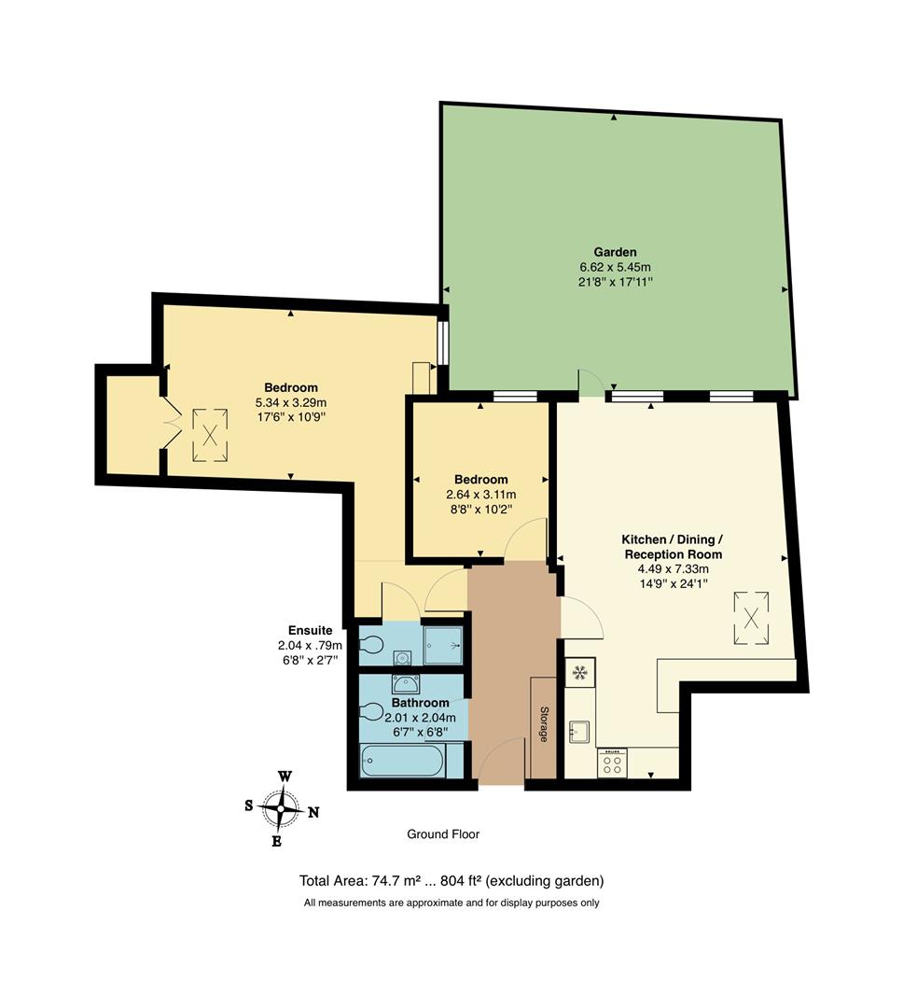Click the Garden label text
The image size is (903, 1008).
[x=615, y=252]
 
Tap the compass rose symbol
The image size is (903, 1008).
[x=281, y=807]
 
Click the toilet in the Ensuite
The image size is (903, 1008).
[x=373, y=645]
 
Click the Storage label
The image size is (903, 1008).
[x=544, y=724]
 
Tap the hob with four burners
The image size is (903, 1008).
[x=612, y=764]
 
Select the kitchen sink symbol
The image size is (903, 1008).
[x=579, y=731]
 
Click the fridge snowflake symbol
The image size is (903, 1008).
[x=579, y=672]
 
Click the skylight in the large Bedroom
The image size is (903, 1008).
[x=212, y=434]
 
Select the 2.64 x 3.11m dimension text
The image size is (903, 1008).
[x=482, y=495]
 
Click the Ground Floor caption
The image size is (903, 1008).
[x=443, y=833]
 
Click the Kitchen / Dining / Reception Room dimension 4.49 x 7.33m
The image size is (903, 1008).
[x=673, y=568]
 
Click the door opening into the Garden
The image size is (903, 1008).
[x=590, y=383]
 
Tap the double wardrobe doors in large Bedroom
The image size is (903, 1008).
[x=168, y=425]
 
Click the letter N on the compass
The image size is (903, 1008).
[x=313, y=812]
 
